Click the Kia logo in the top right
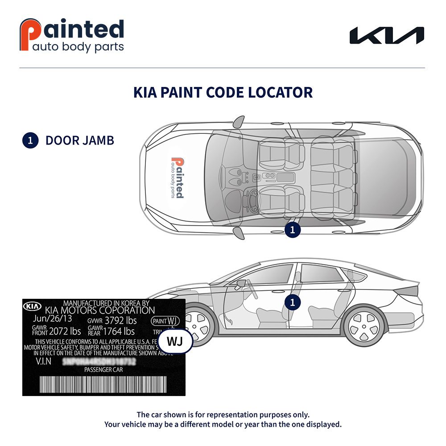[x=386, y=36]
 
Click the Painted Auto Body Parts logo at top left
[x=72, y=35]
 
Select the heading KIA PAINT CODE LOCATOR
[x=223, y=92]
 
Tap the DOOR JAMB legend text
[x=80, y=140]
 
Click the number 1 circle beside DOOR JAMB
[x=30, y=140]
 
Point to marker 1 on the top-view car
[x=293, y=230]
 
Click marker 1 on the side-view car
[x=293, y=302]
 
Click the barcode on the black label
[x=103, y=384]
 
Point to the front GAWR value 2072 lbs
[x=65, y=331]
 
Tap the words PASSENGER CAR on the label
[x=103, y=370]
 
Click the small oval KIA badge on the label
[x=32, y=306]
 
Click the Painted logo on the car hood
[x=177, y=177]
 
